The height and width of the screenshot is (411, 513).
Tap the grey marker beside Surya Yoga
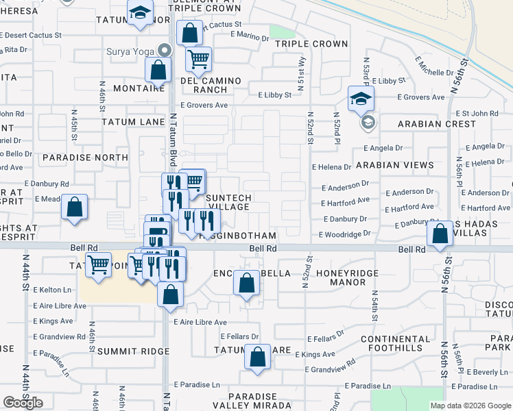(x=163, y=50)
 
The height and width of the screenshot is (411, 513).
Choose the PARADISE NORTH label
(x=85, y=158)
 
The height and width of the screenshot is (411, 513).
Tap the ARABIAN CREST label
(x=437, y=124)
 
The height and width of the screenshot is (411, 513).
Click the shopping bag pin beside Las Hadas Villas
(x=439, y=233)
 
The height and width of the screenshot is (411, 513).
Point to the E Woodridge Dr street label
(x=344, y=234)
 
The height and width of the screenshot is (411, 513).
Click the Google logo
(x=23, y=403)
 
